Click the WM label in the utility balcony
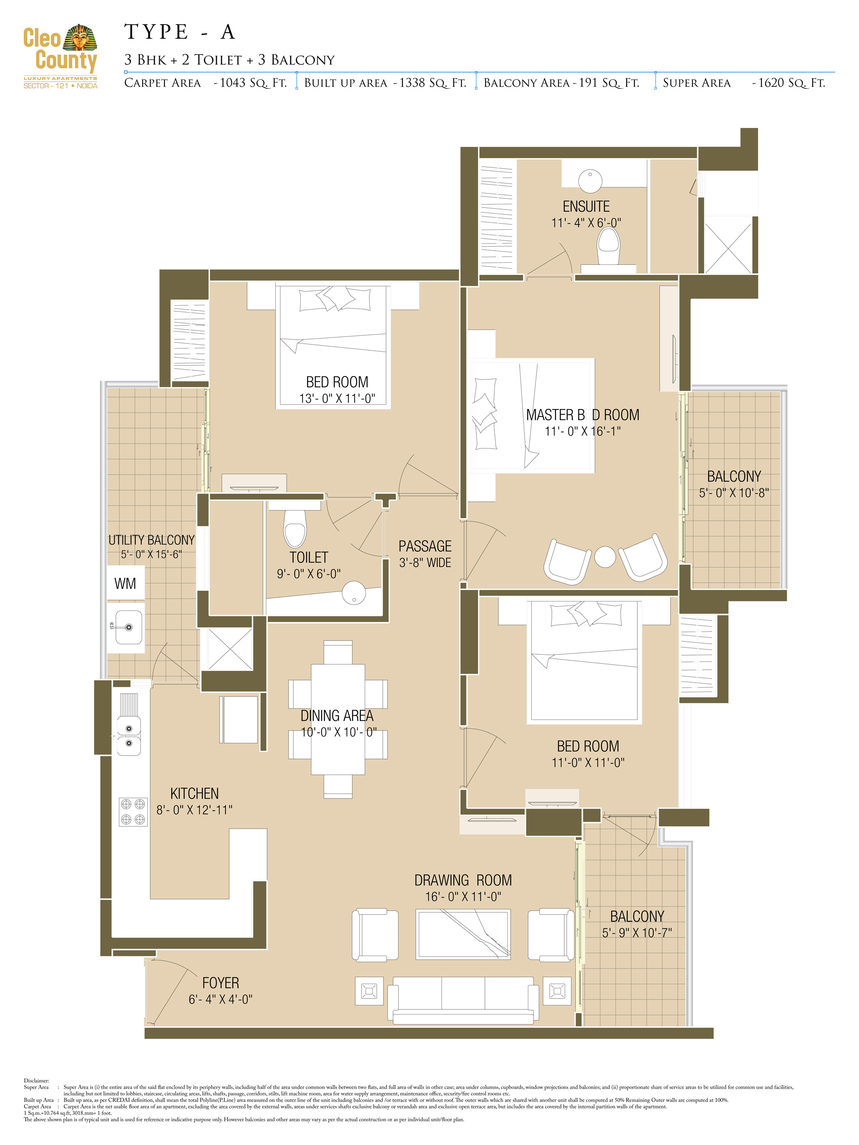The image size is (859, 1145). pos(125,583)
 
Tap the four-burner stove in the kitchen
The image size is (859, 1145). pos(133,811)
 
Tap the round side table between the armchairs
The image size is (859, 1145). pos(605,557)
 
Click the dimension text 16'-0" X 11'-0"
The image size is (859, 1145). pos(463,896)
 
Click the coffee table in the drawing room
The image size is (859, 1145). pos(463,934)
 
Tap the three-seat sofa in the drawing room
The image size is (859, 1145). pos(463,999)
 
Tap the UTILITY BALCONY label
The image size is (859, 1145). pos(151,540)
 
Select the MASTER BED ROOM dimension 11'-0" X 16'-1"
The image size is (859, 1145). pos(582,431)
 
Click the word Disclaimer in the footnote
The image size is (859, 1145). pos(36,1080)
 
